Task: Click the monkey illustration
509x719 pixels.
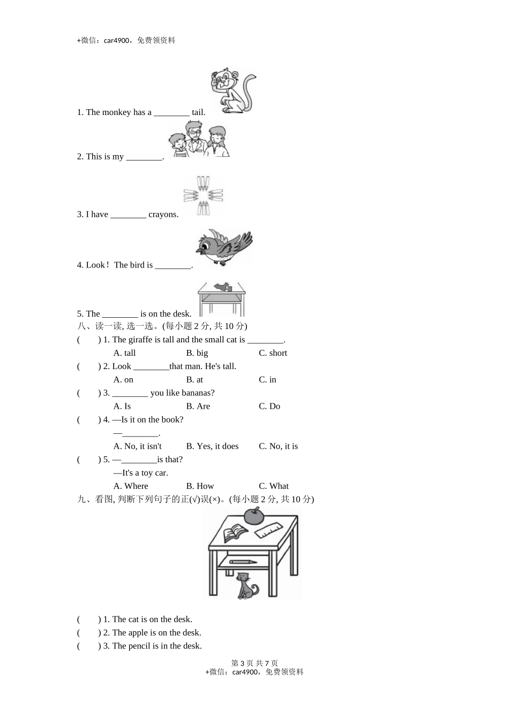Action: pos(233,91)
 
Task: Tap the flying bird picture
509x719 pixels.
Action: pos(223,247)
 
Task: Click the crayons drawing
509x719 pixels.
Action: pos(203,196)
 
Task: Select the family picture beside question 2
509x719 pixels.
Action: pos(199,139)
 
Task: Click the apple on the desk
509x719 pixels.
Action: pos(254,516)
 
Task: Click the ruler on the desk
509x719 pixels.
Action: pos(269,530)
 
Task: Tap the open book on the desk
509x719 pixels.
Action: pos(235,533)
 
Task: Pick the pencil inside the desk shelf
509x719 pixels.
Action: pos(242,562)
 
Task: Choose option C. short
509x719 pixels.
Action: pos(273,353)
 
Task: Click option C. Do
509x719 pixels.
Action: pos(270,407)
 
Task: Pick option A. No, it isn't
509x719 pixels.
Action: pos(137,446)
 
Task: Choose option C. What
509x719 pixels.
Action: pos(273,486)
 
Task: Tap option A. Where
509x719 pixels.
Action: pos(131,486)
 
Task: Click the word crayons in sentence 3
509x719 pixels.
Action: pos(163,215)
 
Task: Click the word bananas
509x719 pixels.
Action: pos(196,393)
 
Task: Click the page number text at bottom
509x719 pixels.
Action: pos(254,663)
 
